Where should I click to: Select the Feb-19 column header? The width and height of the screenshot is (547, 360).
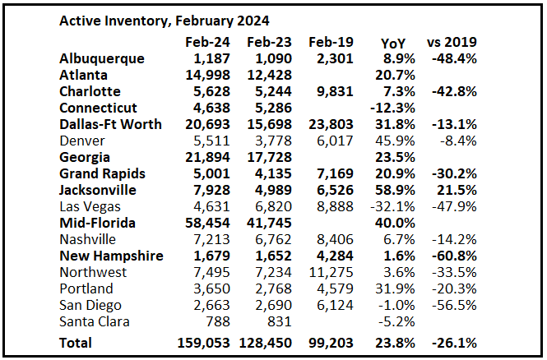331,41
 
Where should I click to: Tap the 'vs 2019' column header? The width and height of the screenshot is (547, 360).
452,41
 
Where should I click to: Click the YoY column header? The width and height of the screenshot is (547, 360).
393,41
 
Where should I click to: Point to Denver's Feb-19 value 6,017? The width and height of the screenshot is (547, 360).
336,141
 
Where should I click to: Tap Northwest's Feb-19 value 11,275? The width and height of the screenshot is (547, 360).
331,272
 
